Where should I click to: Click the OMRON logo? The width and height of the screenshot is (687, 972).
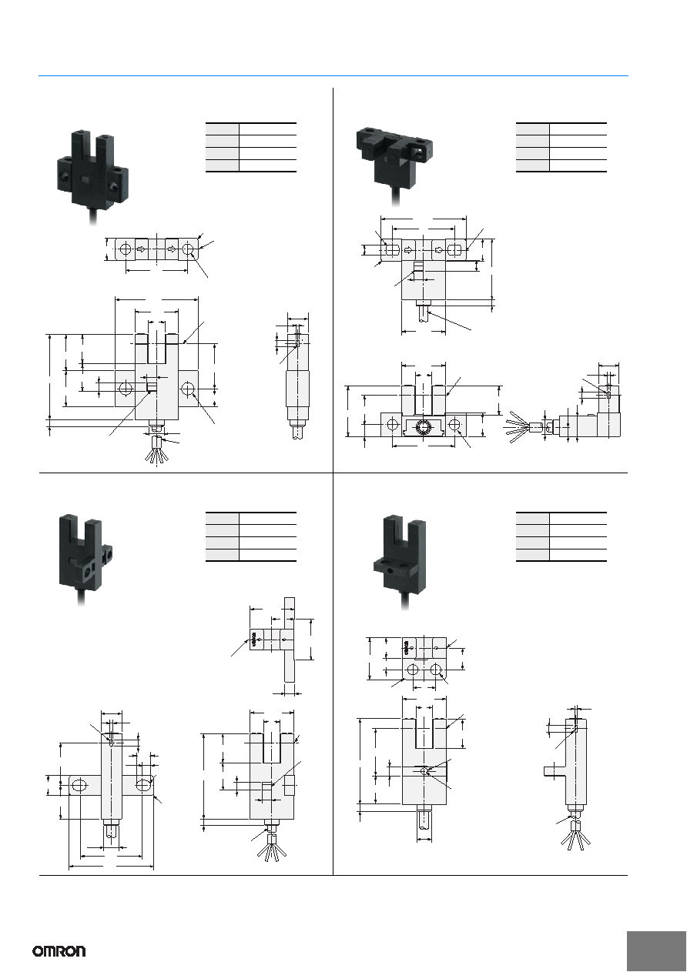[59, 951]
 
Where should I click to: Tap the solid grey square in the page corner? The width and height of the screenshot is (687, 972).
[657, 951]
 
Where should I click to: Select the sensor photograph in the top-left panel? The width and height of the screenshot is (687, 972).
[92, 176]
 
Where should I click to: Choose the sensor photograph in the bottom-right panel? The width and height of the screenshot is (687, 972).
[400, 563]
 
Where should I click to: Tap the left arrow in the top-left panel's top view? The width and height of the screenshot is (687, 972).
[142, 249]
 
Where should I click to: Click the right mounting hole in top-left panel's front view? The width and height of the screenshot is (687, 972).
[188, 388]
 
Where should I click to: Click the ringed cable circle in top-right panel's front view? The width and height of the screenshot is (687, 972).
[422, 429]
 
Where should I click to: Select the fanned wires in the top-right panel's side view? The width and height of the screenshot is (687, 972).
[518, 427]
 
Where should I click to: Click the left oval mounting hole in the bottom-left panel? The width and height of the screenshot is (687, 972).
[79, 785]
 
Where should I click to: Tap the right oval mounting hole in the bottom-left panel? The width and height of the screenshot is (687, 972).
[143, 784]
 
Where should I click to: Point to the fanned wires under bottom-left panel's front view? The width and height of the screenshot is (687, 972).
[271, 846]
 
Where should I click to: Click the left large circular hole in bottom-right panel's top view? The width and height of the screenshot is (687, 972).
[413, 670]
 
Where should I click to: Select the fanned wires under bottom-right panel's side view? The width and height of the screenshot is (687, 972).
[576, 833]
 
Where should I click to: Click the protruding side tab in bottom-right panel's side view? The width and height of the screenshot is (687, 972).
[555, 771]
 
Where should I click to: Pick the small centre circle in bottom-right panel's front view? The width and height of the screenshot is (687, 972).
[424, 770]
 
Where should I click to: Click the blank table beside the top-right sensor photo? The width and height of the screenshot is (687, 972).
[561, 148]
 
